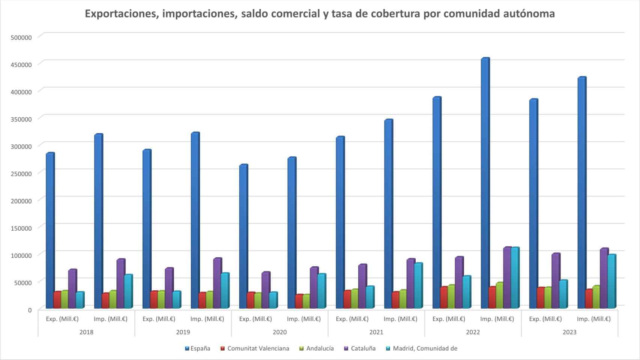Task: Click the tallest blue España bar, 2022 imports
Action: tap(485, 184)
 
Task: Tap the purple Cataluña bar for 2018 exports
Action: tap(72, 289)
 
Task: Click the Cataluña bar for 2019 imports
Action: tap(217, 283)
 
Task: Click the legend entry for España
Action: tap(197, 348)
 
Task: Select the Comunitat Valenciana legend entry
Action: tap(255, 348)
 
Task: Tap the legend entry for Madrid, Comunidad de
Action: tap(422, 348)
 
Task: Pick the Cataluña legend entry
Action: tap(360, 348)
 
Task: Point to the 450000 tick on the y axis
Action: tap(21, 64)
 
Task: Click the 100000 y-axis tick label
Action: tap(21, 255)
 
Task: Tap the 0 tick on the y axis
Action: tap(30, 310)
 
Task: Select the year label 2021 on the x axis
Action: tap(376, 332)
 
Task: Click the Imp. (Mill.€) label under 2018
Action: tap(110, 319)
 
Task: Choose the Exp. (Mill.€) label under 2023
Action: tap(545, 319)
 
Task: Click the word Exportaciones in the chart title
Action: tap(122, 14)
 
